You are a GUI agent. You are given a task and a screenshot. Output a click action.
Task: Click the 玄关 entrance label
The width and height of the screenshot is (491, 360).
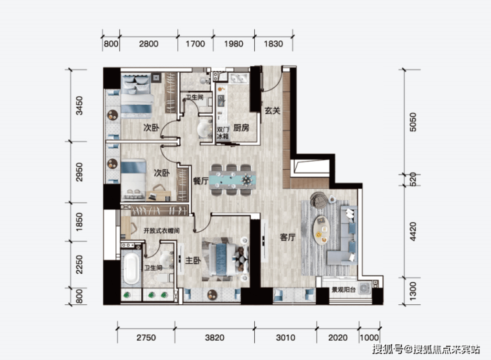click(x=272, y=111)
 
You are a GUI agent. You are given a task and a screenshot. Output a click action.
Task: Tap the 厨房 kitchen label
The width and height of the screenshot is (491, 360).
click(x=241, y=127)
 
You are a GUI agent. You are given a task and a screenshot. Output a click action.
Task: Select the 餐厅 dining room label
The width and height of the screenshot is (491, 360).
click(x=201, y=180)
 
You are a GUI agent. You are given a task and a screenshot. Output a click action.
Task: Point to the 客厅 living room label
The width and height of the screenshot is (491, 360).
click(x=287, y=237)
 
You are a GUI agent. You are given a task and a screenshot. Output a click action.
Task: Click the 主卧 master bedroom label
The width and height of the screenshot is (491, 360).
click(x=193, y=261)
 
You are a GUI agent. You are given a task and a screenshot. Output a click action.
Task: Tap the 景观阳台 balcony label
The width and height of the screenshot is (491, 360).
click(x=344, y=290)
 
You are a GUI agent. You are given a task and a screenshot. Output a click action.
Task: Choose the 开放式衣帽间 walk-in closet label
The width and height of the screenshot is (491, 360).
click(x=161, y=231)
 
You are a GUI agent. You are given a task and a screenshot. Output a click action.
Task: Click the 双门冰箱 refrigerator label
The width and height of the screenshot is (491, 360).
click(x=223, y=133)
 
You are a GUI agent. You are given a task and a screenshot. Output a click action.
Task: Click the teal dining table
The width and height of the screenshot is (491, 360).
click(x=232, y=180)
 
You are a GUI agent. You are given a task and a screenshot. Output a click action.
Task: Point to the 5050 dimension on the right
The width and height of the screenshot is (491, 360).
click(x=413, y=122)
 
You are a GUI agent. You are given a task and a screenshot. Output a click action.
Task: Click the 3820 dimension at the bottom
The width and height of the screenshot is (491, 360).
click(x=214, y=338)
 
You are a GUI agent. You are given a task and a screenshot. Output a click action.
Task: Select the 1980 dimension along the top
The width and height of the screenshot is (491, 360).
click(x=234, y=44)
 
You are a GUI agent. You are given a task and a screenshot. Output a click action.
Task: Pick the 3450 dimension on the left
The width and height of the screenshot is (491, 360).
click(x=80, y=105)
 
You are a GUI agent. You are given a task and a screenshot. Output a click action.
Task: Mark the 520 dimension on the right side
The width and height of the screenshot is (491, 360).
click(x=413, y=180)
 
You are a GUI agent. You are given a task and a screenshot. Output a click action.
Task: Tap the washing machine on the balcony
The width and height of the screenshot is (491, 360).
click(x=364, y=288)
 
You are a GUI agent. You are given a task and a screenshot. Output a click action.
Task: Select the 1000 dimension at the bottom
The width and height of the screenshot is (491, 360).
click(x=369, y=338)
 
